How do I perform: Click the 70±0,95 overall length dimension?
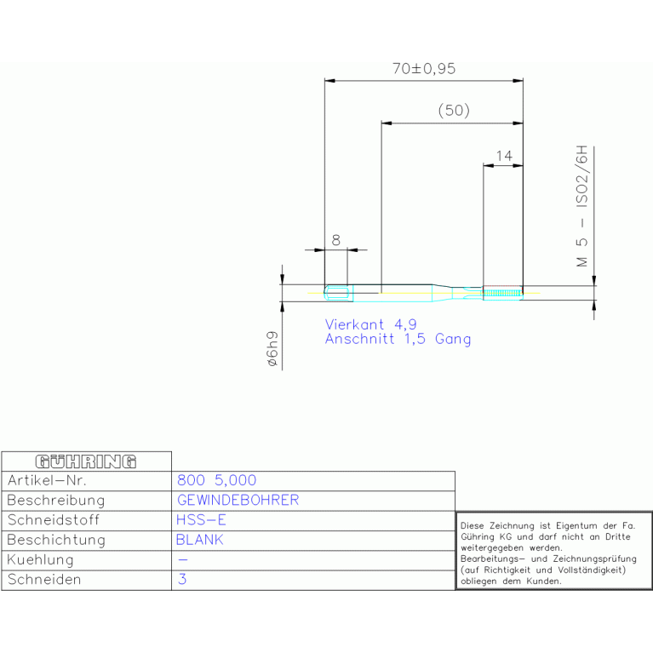tap(424, 69)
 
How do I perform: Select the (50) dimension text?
tap(454, 111)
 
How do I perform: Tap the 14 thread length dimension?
tap(504, 156)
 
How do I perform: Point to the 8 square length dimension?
tap(335, 240)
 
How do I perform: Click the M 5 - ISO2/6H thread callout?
tap(581, 206)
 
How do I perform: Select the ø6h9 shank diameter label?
tap(272, 348)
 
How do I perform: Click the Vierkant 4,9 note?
tap(370, 324)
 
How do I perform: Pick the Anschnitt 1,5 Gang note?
tap(398, 339)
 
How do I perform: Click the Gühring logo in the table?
tap(86, 461)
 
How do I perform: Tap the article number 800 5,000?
tap(216, 480)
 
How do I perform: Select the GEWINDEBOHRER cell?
tap(238, 500)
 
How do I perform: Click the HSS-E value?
tap(201, 519)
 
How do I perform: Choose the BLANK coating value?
tap(200, 540)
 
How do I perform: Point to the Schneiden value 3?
tap(182, 579)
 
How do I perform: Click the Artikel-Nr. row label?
tap(47, 480)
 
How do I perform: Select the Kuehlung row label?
tap(40, 559)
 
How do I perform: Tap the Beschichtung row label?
tap(56, 540)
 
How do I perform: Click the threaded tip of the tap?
tap(502, 293)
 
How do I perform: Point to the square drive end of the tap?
tap(339, 293)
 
